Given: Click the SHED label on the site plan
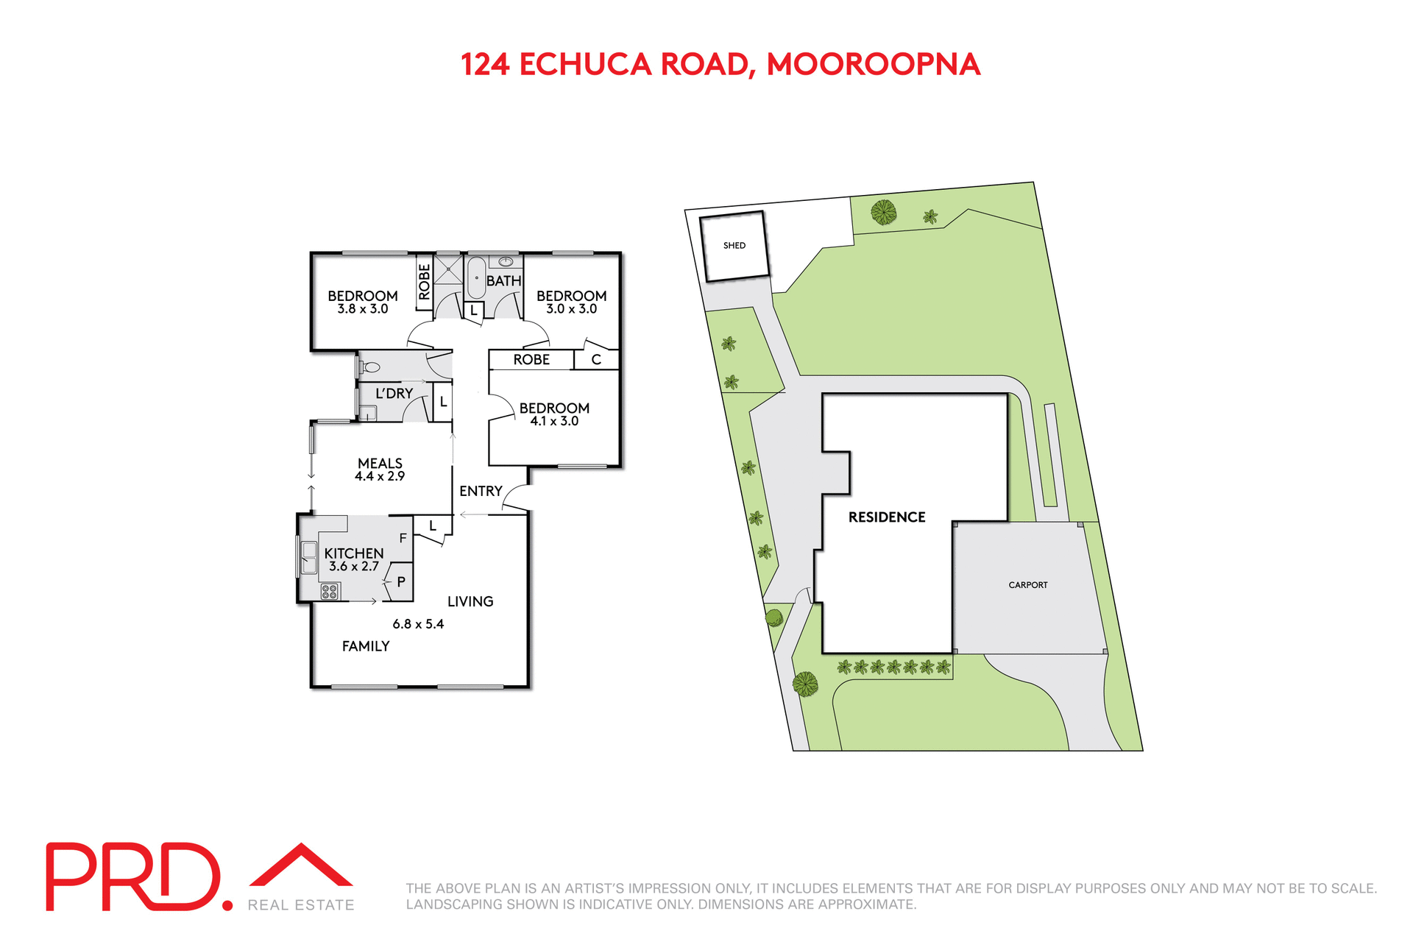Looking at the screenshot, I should pyautogui.click(x=734, y=245).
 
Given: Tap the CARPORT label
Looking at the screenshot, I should pyautogui.click(x=1027, y=585).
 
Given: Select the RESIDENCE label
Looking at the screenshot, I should pyautogui.click(x=886, y=517).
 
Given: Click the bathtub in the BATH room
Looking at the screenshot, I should pyautogui.click(x=476, y=277).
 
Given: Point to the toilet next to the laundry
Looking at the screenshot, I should pyautogui.click(x=370, y=366).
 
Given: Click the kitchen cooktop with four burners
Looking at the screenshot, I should pyautogui.click(x=329, y=591).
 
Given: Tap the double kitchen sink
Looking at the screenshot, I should pyautogui.click(x=309, y=558).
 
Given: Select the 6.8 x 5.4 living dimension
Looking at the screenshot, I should pyautogui.click(x=418, y=624).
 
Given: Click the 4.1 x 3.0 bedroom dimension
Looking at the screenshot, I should pyautogui.click(x=554, y=421).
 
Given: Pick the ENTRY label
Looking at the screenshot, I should pyautogui.click(x=481, y=491).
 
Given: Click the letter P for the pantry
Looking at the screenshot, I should pyautogui.click(x=401, y=581).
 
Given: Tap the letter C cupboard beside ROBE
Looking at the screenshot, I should pyautogui.click(x=596, y=360).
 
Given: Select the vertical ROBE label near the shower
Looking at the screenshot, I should pyautogui.click(x=424, y=281).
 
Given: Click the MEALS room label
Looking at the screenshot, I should pyautogui.click(x=380, y=463).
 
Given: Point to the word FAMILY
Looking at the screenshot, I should pyautogui.click(x=366, y=646).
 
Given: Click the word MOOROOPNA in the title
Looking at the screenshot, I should pyautogui.click(x=873, y=65).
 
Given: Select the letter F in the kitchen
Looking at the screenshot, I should pyautogui.click(x=403, y=538).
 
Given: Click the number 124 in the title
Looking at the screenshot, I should pyautogui.click(x=485, y=65).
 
